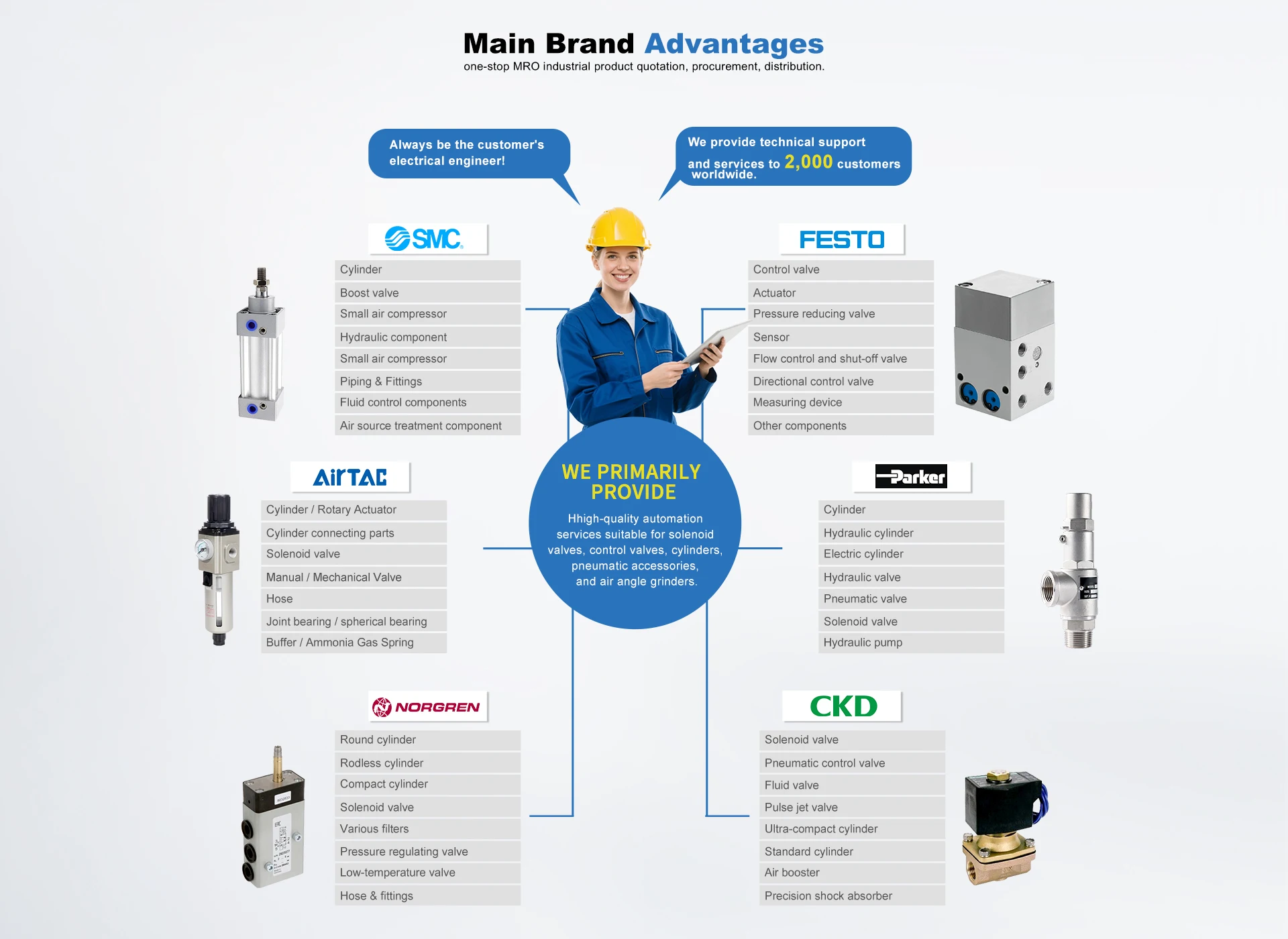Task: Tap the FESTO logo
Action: click(841, 239)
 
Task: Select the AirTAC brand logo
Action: click(350, 477)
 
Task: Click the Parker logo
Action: click(911, 477)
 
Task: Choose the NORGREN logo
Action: click(427, 707)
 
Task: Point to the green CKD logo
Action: click(843, 706)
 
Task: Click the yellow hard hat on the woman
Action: click(617, 229)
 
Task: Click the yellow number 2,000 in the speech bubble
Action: click(808, 162)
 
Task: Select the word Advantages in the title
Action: click(734, 44)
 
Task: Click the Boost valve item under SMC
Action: click(370, 293)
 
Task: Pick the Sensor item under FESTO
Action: click(771, 337)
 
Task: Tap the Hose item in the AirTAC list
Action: click(280, 599)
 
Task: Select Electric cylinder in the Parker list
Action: click(863, 554)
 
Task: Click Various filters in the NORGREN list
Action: click(374, 829)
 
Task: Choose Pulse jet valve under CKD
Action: click(801, 808)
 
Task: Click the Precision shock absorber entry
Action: click(828, 896)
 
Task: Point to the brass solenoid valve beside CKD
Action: click(1002, 828)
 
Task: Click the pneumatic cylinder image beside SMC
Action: click(260, 345)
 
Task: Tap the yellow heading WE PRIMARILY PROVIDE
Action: click(632, 482)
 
